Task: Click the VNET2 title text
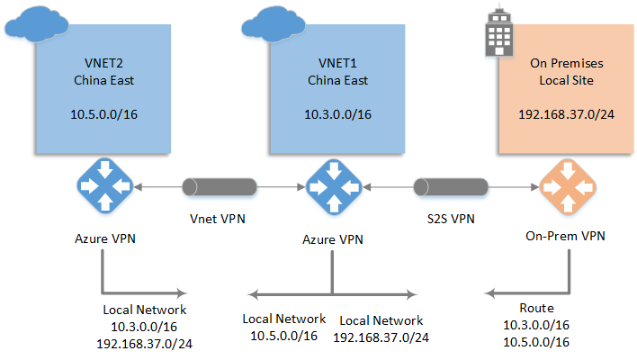coord(100,64)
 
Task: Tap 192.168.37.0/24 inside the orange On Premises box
coord(566,116)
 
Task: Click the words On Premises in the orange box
coord(566,64)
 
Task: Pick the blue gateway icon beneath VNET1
coord(332,187)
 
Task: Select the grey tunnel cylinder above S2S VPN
coord(450,187)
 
